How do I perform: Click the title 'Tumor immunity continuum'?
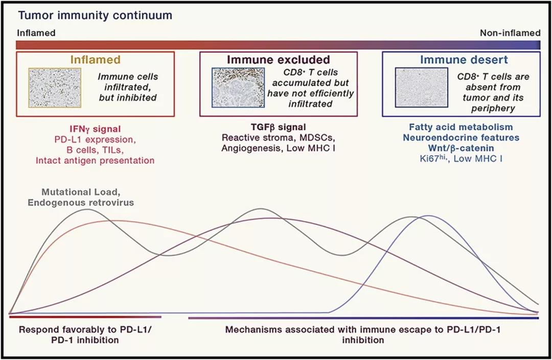pyautogui.click(x=95, y=15)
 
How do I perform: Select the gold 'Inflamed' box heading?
pyautogui.click(x=95, y=60)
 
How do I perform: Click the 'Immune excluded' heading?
pyautogui.click(x=278, y=60)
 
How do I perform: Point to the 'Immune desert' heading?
pyautogui.click(x=464, y=60)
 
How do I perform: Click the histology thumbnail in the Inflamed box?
pyautogui.click(x=55, y=87)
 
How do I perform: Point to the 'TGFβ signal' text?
pyautogui.click(x=278, y=127)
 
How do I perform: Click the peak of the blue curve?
pyautogui.click(x=428, y=216)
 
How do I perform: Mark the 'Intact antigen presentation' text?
pyautogui.click(x=95, y=160)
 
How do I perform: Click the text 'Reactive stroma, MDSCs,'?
pyautogui.click(x=278, y=138)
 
